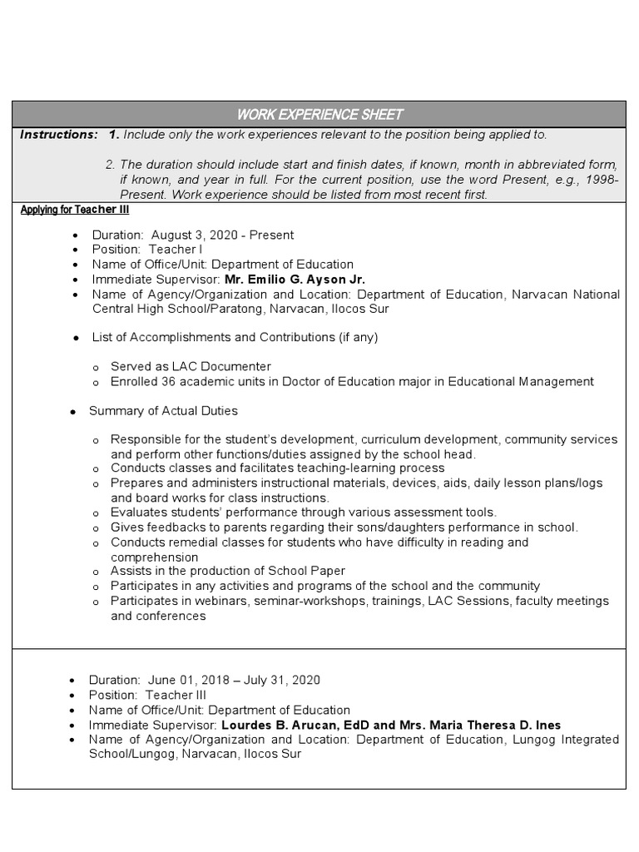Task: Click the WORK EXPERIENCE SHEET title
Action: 319,115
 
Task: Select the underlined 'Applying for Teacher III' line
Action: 74,211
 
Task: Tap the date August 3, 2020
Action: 193,235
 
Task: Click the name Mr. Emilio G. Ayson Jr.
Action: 295,280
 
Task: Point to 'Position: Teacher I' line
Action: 146,250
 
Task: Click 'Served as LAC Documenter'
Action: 191,367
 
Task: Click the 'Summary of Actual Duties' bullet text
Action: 163,411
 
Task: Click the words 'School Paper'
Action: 310,571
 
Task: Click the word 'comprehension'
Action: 154,557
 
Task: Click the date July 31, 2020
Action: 282,680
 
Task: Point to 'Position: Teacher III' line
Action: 148,695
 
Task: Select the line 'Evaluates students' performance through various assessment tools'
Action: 303,513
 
